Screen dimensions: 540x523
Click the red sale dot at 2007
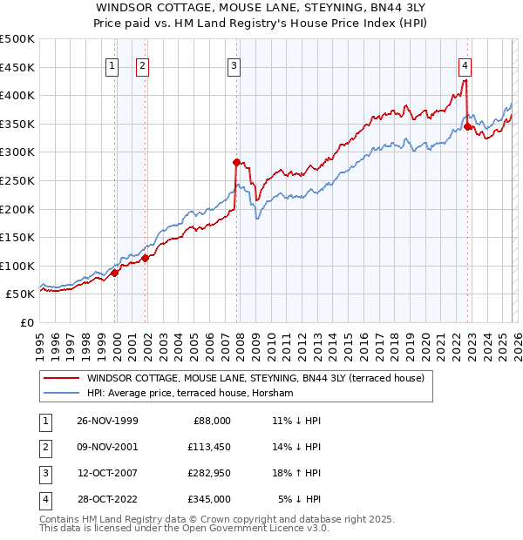click(236, 161)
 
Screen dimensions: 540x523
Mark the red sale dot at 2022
click(468, 126)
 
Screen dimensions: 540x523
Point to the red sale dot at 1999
click(115, 273)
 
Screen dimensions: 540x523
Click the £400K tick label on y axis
click(17, 95)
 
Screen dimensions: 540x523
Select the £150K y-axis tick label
click(17, 237)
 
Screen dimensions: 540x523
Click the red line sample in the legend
click(62, 378)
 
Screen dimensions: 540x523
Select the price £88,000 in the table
click(210, 420)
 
